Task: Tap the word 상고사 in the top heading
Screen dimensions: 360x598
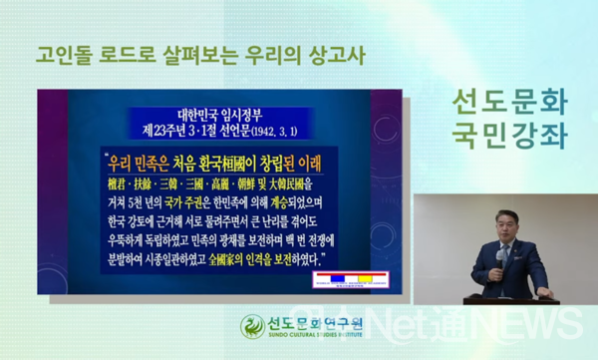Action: [331, 52]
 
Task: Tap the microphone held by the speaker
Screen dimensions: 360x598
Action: [498, 253]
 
